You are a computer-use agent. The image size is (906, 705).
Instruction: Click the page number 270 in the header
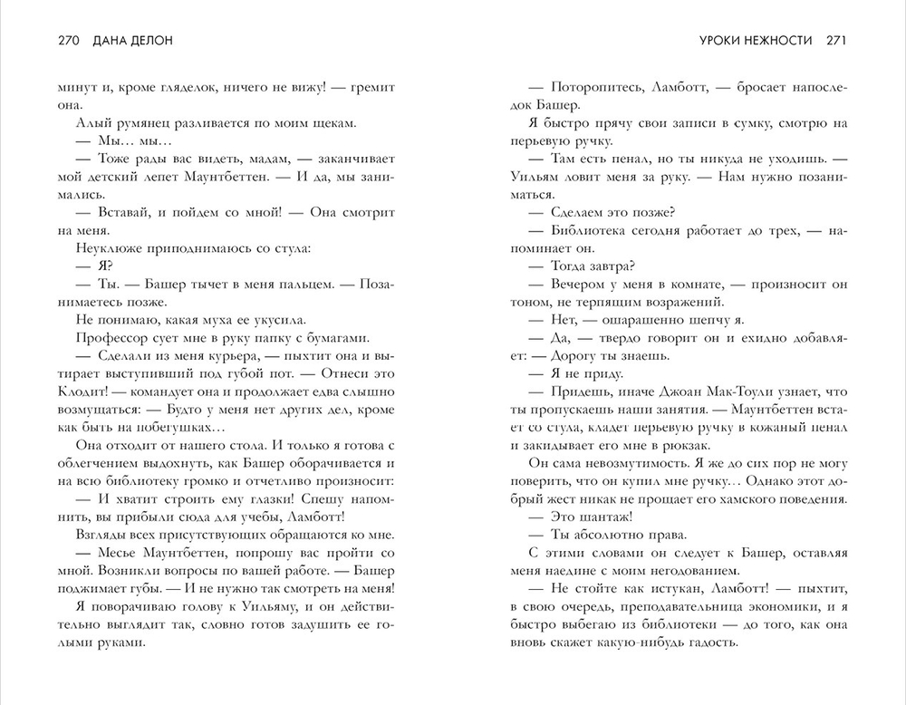(69, 40)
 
